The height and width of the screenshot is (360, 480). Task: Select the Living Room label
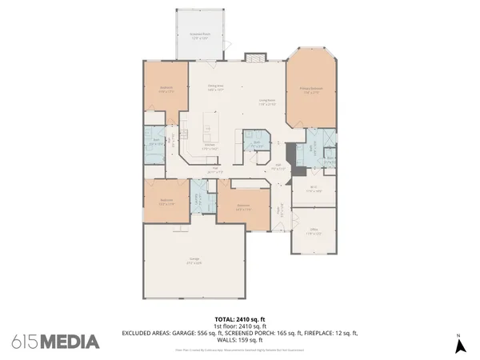(x=266, y=102)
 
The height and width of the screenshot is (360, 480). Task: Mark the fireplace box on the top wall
(x=255, y=58)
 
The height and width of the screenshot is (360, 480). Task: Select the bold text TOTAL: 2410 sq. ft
(x=239, y=318)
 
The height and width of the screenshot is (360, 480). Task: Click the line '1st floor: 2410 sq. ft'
(x=239, y=325)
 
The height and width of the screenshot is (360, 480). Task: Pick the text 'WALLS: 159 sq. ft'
(x=239, y=338)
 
